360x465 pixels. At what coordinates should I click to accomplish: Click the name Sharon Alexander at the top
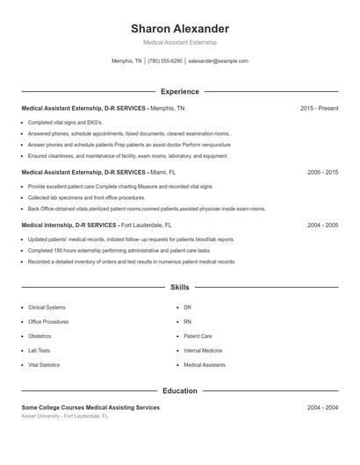tap(179, 28)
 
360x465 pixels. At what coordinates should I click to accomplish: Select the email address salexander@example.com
tap(218, 61)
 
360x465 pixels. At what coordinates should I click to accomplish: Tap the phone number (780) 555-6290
tap(165, 61)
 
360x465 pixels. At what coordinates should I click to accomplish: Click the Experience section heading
tap(179, 91)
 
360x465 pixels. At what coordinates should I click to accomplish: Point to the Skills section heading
tap(179, 287)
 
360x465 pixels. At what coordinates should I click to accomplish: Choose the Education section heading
tap(179, 390)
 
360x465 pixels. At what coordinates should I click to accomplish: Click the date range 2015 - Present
tap(319, 108)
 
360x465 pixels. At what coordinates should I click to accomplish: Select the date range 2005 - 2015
tap(322, 173)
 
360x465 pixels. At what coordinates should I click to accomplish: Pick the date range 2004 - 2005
tap(322, 225)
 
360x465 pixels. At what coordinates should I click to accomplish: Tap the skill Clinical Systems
tap(47, 308)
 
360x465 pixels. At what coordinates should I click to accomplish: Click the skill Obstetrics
tap(40, 336)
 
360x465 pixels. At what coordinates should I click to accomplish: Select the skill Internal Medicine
tap(203, 350)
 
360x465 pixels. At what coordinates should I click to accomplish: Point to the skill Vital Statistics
tap(44, 364)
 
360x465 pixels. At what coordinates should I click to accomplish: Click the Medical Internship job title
tap(68, 225)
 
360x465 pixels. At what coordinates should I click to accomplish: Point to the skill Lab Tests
tap(40, 350)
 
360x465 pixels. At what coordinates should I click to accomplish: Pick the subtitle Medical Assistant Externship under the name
tap(179, 42)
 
